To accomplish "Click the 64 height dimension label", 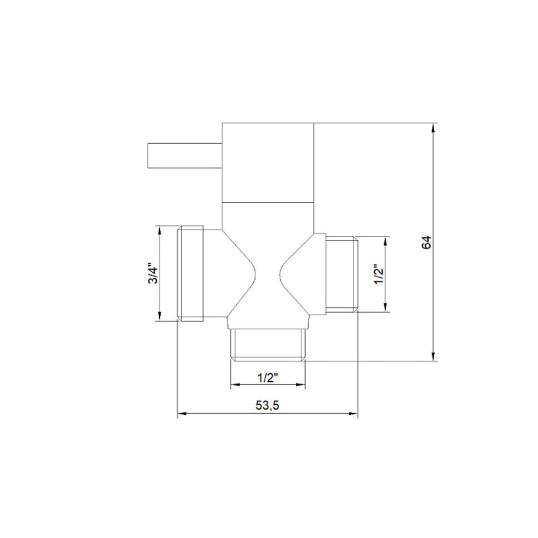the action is point(427,243).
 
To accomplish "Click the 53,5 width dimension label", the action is point(267,405).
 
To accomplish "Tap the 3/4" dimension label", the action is point(152,273).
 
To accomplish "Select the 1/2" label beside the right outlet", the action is point(379,274).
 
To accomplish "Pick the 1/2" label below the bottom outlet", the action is point(267,378).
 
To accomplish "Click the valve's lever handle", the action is point(185,155).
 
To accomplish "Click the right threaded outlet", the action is point(342,274).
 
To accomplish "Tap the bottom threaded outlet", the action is point(267,345).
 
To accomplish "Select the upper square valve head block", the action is point(268,162).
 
